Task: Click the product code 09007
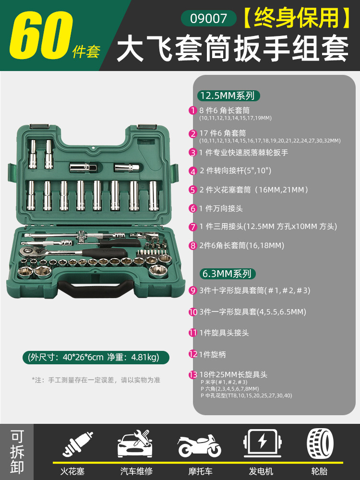(x=208, y=18)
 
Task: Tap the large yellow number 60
(x=41, y=35)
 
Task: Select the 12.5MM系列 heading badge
(x=228, y=96)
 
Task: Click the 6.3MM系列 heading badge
(x=228, y=274)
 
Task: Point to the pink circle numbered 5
(x=192, y=190)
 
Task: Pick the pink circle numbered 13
(x=193, y=375)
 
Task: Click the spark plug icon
(x=77, y=444)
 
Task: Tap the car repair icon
(x=135, y=444)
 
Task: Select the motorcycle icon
(x=199, y=446)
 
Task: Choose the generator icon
(x=263, y=443)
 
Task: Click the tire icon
(x=321, y=443)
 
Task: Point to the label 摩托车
(x=200, y=471)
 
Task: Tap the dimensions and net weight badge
(x=96, y=357)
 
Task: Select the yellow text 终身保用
(x=296, y=18)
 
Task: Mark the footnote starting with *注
(x=96, y=380)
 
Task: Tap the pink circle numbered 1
(x=192, y=110)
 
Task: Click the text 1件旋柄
(x=213, y=355)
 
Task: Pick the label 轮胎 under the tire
(x=319, y=471)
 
